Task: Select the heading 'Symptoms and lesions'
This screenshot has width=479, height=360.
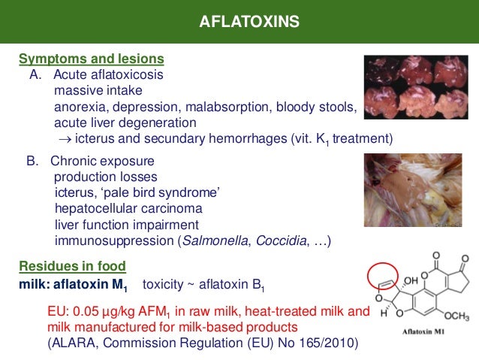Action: pos(92,59)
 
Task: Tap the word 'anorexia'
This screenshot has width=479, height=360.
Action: pos(78,107)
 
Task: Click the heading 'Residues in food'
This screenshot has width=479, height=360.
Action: pos(72,266)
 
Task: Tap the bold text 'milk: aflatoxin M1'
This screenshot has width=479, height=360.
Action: pos(74,286)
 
